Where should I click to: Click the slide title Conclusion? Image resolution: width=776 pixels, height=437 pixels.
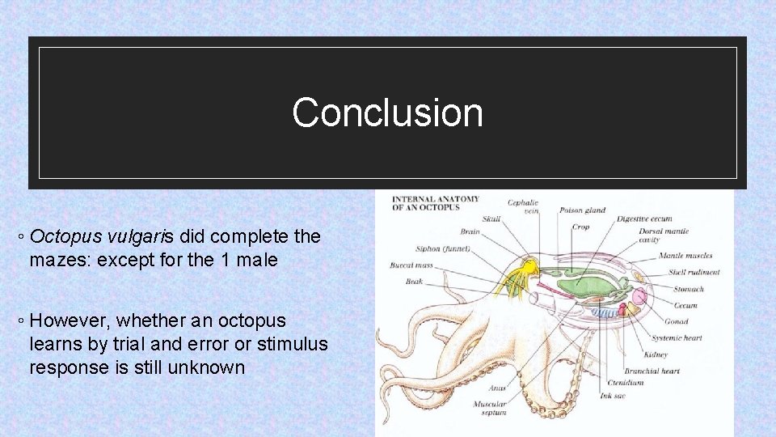point(387,112)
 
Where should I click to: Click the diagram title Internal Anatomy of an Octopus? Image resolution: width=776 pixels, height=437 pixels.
point(436,203)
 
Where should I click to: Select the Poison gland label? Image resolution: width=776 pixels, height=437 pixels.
point(582,210)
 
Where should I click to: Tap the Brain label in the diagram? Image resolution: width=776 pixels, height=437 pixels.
point(470,232)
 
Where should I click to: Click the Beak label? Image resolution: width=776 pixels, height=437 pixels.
point(414,282)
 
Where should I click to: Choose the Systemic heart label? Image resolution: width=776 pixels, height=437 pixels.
point(676,338)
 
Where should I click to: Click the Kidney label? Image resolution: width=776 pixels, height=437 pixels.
point(656,354)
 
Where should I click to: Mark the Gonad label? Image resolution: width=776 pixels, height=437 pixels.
point(676,321)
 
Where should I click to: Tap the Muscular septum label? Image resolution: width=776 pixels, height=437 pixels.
point(490,408)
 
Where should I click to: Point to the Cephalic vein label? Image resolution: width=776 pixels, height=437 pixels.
point(523,207)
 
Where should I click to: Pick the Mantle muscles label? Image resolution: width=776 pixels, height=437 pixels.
point(685,256)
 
